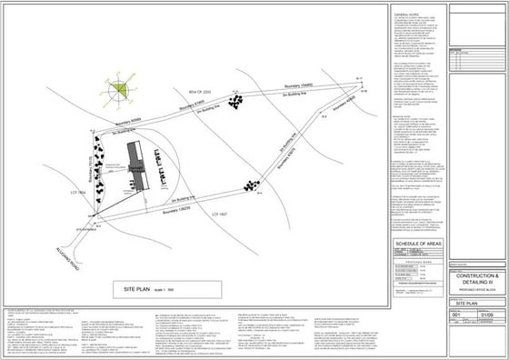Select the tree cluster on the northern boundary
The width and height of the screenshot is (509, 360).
tap(236, 101)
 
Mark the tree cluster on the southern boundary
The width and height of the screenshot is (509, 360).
tap(245, 186)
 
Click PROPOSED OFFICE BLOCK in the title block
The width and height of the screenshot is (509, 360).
tap(475, 291)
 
